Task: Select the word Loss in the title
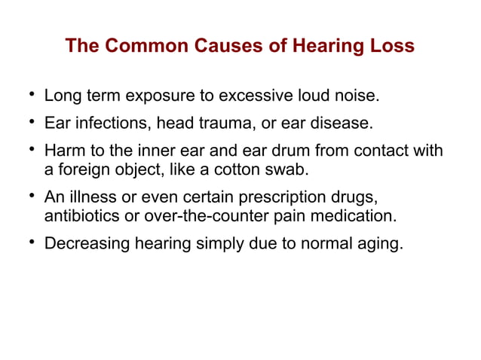click(391, 46)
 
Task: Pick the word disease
click(343, 122)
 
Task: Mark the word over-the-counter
click(210, 218)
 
